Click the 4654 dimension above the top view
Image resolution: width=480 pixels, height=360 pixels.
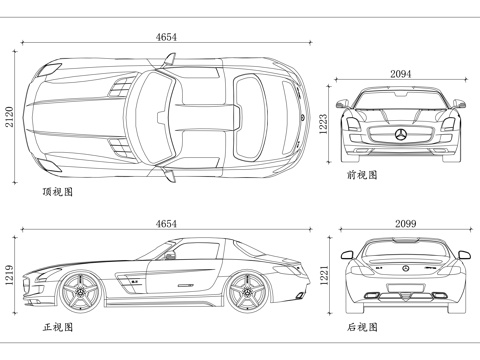click(167, 37)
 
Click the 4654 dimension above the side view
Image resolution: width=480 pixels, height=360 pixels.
click(167, 224)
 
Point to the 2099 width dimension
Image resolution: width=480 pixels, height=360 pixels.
click(405, 223)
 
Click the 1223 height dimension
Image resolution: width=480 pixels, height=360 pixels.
click(323, 123)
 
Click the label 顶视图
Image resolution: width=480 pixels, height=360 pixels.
click(57, 189)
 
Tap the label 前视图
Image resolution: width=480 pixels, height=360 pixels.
click(362, 174)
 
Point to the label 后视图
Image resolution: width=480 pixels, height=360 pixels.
click(362, 326)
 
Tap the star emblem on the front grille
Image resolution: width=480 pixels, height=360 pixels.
click(400, 135)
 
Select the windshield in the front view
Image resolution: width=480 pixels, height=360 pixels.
click(400, 101)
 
